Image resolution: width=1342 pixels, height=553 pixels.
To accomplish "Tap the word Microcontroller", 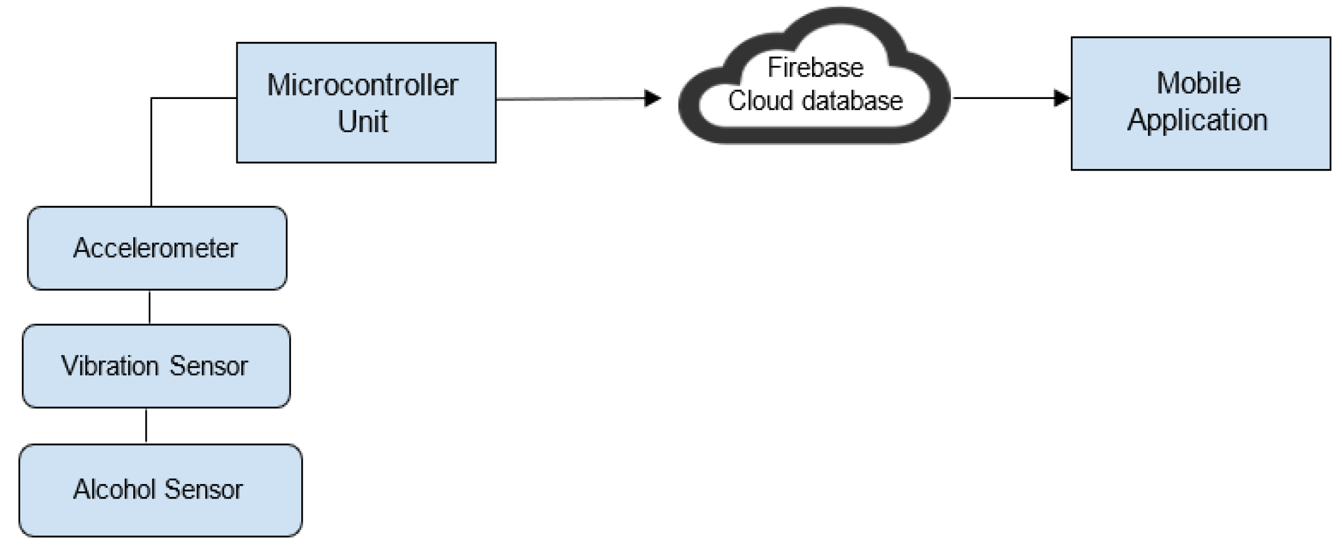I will [362, 86].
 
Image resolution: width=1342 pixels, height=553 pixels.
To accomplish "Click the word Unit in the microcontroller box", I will [362, 122].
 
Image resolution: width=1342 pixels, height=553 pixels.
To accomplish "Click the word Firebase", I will [815, 68].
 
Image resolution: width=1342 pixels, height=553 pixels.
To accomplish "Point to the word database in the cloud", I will [852, 101].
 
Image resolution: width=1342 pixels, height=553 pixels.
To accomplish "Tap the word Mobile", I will [1198, 83].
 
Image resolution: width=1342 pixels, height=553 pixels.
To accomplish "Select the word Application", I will [1197, 120].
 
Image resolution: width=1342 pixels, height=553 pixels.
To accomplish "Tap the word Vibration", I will [110, 366].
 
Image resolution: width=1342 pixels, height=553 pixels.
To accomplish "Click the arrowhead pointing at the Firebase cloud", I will [652, 98].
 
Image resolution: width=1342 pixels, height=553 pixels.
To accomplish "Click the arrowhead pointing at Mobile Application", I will [1061, 98].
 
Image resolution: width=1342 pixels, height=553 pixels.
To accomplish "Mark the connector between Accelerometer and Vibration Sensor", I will [149, 307].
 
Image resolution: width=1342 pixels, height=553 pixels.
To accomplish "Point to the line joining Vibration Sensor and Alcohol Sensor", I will [146, 426].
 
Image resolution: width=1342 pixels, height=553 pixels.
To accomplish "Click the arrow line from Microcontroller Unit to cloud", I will [570, 98].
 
